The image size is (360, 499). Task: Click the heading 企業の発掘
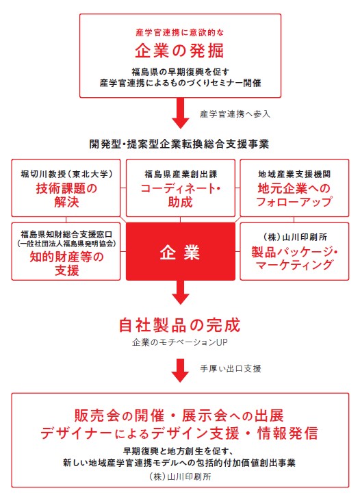(x=179, y=51)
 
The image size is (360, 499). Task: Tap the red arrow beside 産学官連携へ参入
(x=181, y=114)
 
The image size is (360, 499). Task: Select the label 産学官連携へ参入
(x=235, y=114)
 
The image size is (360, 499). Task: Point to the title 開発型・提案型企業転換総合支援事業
(x=179, y=144)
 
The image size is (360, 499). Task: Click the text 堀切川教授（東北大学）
(x=66, y=174)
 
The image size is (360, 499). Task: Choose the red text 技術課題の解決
(x=66, y=195)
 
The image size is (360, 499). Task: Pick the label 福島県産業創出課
(x=181, y=174)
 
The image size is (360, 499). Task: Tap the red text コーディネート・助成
(x=181, y=195)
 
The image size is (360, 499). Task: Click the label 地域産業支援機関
(x=294, y=174)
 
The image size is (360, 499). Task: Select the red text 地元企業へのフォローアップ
(x=294, y=195)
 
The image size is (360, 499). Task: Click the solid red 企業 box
(x=181, y=251)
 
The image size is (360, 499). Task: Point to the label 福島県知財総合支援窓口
(x=66, y=235)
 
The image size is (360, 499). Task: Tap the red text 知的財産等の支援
(x=66, y=264)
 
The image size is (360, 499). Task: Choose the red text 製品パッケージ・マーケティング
(x=294, y=258)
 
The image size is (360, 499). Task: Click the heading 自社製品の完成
(x=179, y=325)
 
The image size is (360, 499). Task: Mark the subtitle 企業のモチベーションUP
(x=179, y=342)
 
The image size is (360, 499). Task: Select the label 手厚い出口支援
(x=231, y=368)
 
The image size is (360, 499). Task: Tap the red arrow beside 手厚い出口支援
(x=181, y=370)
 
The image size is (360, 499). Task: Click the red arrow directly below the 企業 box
(x=181, y=292)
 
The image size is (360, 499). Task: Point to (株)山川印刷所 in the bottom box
(x=180, y=476)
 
